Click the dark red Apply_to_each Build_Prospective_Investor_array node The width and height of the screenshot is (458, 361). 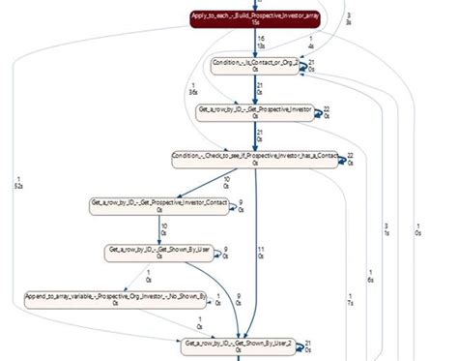(x=256, y=20)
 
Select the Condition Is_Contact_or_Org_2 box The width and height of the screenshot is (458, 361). (x=256, y=66)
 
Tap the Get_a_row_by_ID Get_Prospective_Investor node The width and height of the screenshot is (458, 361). (x=256, y=112)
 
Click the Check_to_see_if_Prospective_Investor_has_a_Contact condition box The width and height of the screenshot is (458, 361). (x=256, y=159)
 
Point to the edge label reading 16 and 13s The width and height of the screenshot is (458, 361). (x=262, y=43)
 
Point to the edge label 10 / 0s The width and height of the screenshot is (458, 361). (x=227, y=182)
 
